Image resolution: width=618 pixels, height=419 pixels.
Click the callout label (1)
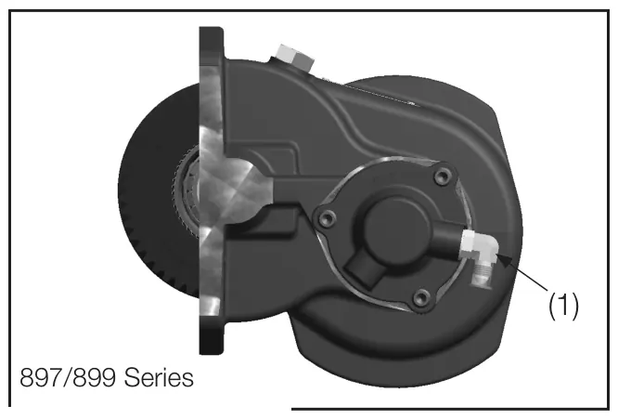click(x=564, y=306)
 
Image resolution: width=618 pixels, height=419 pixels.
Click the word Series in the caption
click(x=159, y=377)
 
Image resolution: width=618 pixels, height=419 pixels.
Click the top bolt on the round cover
click(x=443, y=176)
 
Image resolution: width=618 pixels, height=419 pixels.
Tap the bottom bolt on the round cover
click(x=422, y=296)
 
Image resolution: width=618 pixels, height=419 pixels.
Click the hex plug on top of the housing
click(x=295, y=59)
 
